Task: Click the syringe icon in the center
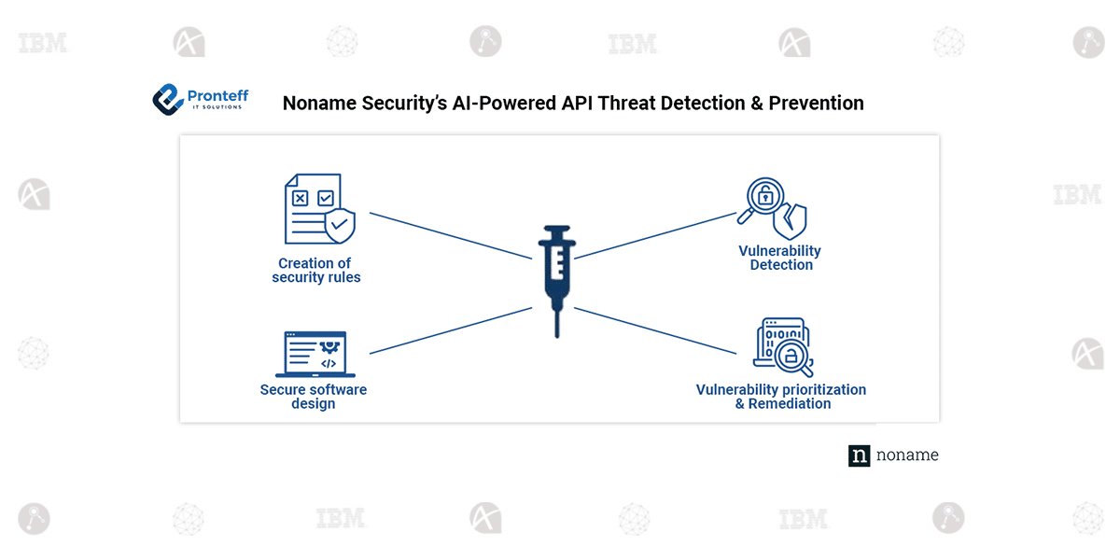tap(556, 271)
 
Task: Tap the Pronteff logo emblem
tap(168, 98)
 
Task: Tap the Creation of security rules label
tap(315, 271)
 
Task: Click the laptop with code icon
tap(315, 355)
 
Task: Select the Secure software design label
tap(314, 397)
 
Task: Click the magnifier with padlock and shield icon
tap(773, 208)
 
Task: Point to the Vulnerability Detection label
tap(780, 258)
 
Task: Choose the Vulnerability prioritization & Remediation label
tap(781, 397)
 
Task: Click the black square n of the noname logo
tap(859, 455)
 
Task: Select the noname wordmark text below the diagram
tap(907, 455)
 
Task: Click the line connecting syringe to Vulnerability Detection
tap(653, 234)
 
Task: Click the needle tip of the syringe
tap(557, 331)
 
